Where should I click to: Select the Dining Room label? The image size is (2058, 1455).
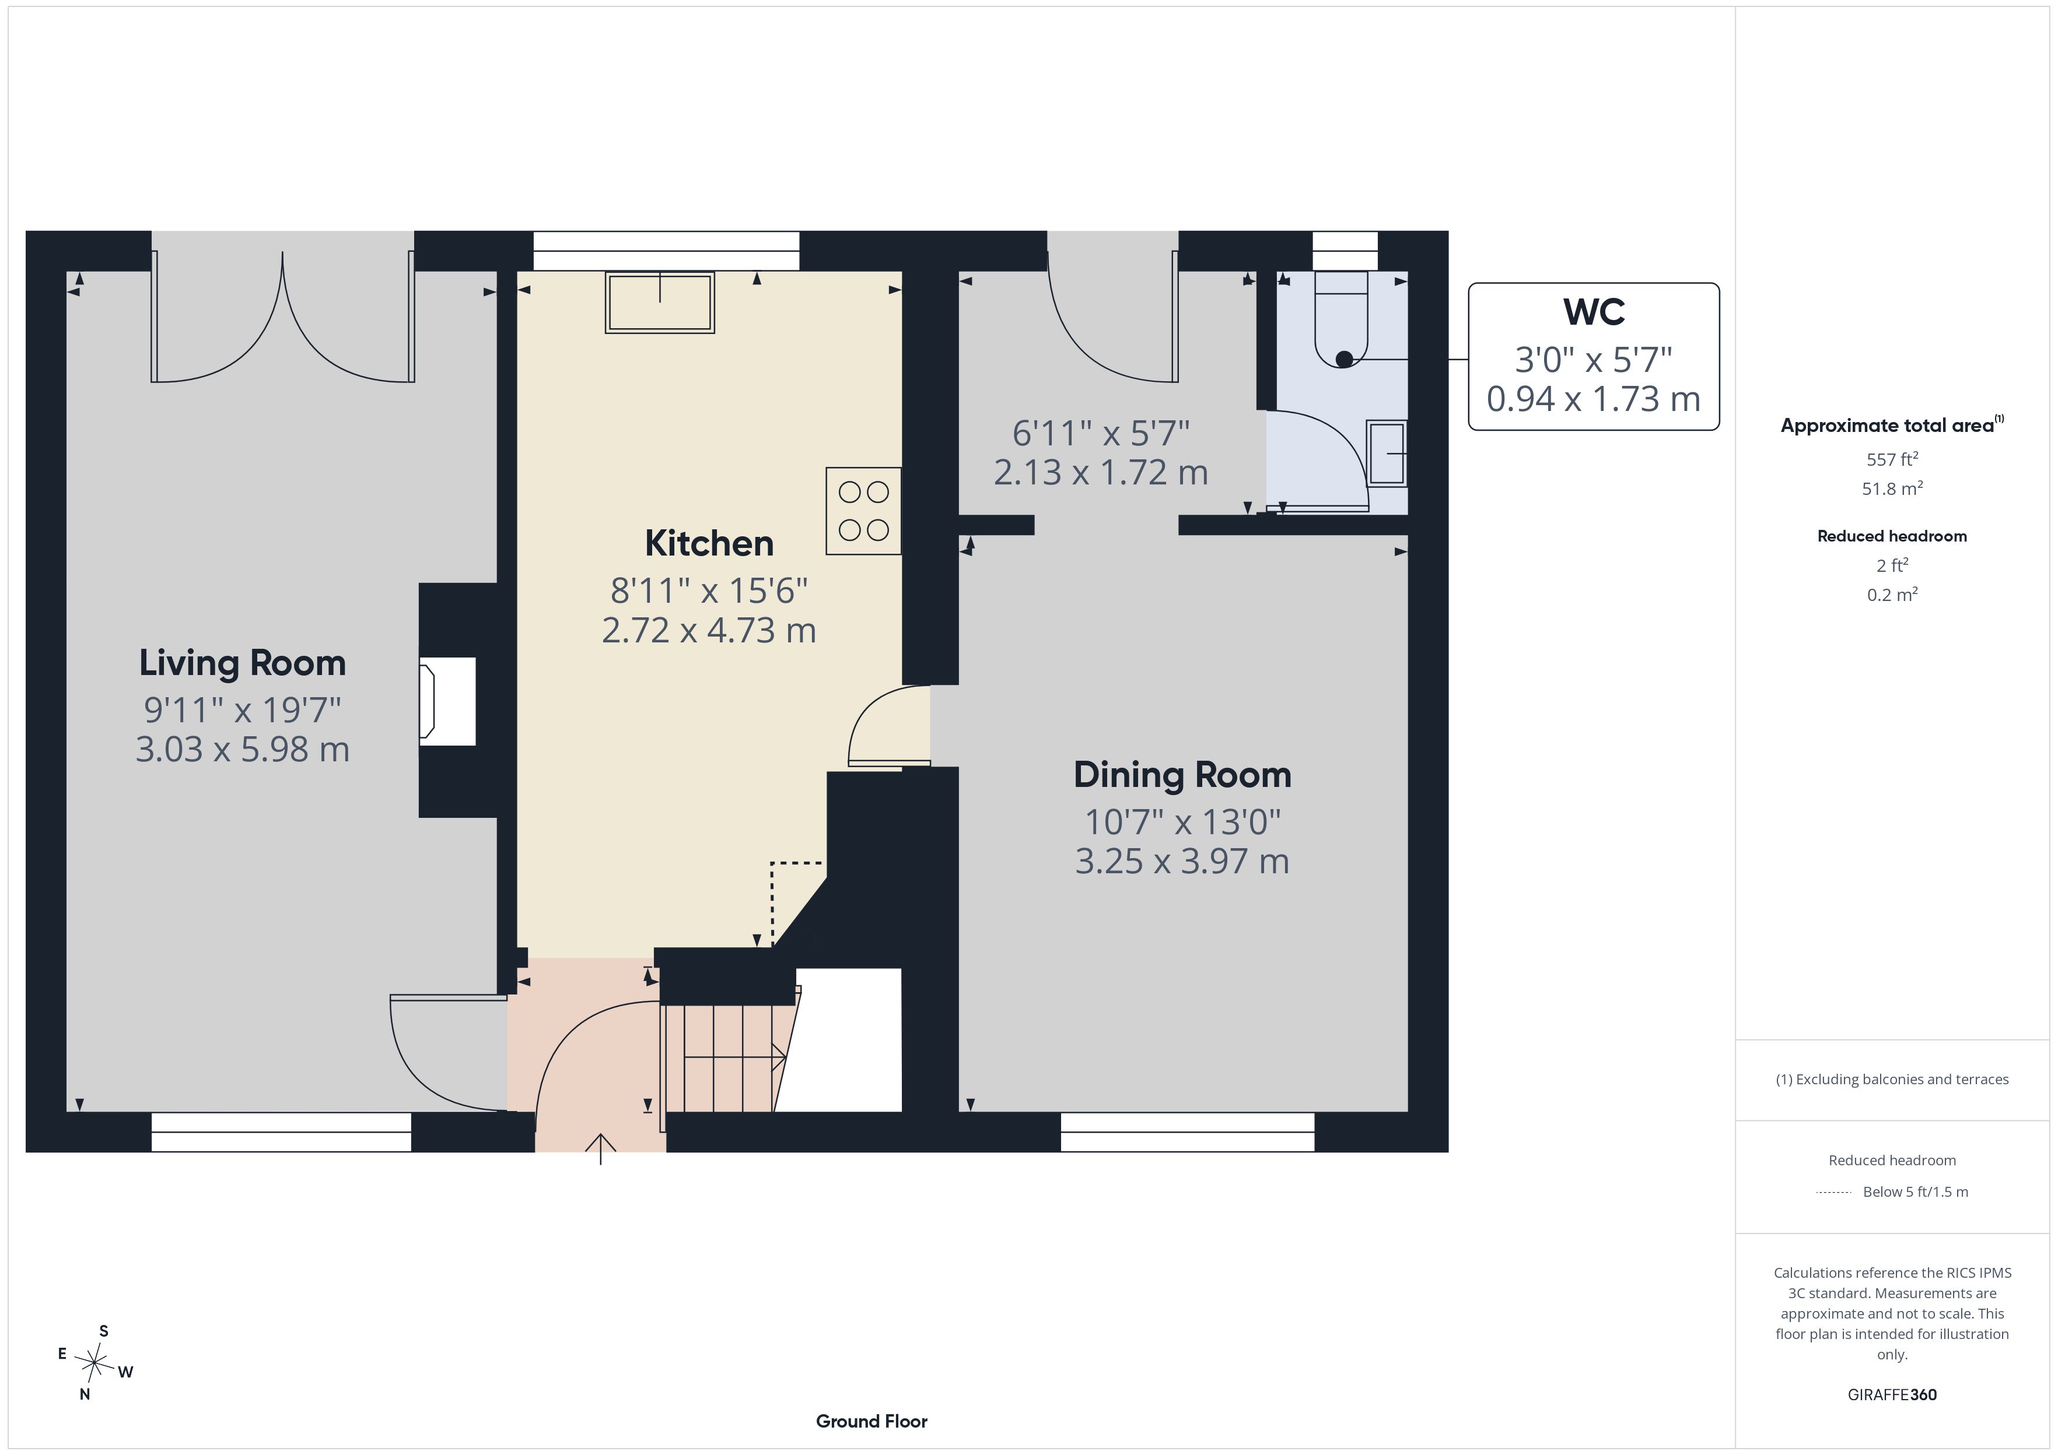1182,775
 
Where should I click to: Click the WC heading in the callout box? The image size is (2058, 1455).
1594,312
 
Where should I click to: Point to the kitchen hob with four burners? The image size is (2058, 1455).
863,511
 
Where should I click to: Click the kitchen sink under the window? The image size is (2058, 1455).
660,303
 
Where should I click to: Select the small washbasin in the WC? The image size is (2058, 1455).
1387,454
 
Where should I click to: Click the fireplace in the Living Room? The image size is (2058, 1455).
447,701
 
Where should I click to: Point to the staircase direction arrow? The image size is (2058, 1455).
735,1058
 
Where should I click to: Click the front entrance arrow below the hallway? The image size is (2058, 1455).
601,1150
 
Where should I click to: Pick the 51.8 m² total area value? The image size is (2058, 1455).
1892,488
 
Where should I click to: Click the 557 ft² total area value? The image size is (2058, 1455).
1892,459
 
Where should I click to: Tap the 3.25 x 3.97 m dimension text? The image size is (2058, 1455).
1182,861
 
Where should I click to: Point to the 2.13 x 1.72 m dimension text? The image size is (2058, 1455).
1101,472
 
